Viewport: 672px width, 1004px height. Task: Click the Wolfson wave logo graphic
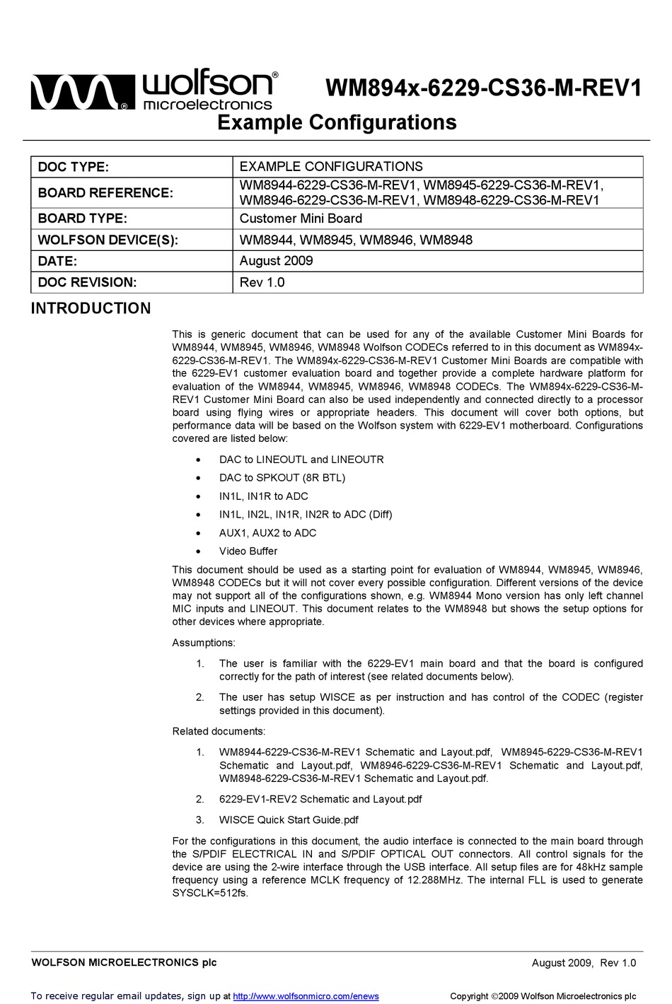point(82,93)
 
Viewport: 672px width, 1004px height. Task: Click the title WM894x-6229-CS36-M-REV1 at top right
point(483,89)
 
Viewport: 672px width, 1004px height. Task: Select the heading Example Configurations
point(337,123)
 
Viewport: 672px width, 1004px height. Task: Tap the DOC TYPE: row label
point(73,167)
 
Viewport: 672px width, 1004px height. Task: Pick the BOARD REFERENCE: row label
point(105,192)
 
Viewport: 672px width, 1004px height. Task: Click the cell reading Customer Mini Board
point(301,218)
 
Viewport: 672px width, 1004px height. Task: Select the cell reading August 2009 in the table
point(276,261)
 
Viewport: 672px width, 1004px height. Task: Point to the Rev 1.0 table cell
point(262,282)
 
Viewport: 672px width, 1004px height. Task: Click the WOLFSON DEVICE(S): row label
point(108,240)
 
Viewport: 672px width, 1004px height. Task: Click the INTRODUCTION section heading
point(91,308)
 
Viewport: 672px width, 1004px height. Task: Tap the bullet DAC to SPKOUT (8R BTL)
point(282,478)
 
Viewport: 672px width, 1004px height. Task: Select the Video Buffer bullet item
point(248,551)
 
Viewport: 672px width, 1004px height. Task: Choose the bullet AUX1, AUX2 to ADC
point(267,533)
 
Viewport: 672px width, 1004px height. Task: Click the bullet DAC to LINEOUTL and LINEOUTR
point(301,460)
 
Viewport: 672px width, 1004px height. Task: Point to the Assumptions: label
point(204,643)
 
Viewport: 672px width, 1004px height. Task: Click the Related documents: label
point(219,731)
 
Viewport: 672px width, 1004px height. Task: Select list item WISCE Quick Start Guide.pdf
point(289,820)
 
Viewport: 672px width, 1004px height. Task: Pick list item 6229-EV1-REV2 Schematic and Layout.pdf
point(320,799)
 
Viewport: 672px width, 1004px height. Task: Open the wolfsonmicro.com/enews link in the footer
point(306,996)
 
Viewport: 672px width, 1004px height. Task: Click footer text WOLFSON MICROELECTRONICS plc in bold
point(124,962)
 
